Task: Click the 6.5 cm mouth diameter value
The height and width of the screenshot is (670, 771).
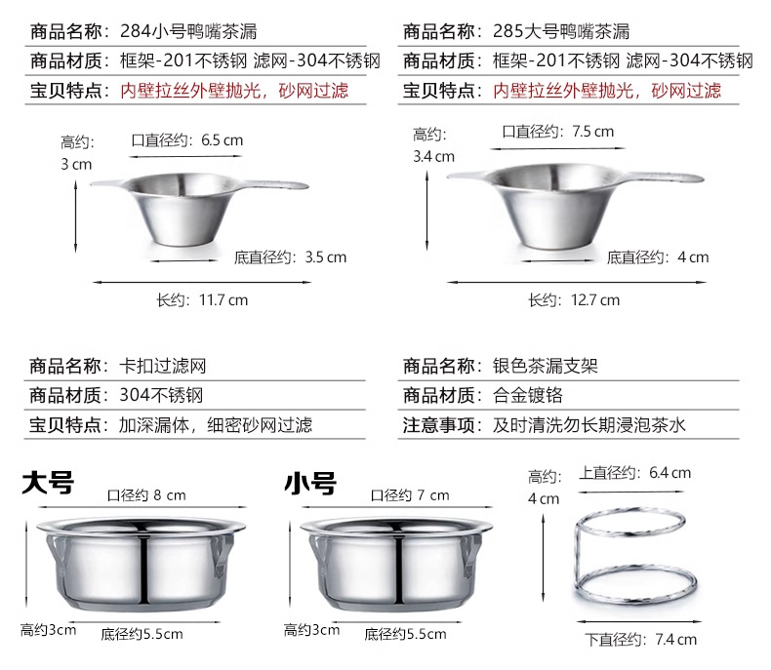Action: coord(223,140)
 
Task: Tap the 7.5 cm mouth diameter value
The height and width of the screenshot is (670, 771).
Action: coord(593,131)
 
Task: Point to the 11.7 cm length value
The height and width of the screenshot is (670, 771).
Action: coord(224,300)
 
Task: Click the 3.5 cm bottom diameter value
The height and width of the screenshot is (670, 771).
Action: coord(325,257)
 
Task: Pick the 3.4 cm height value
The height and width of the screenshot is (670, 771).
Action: coord(434,156)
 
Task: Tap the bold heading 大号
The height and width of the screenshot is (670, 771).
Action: coord(48,483)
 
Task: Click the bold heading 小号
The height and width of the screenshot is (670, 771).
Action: coord(309,483)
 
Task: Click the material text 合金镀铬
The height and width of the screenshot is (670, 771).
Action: coord(528,396)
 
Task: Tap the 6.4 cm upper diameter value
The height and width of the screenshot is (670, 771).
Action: coord(670,473)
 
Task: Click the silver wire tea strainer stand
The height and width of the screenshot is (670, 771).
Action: coord(634,556)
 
